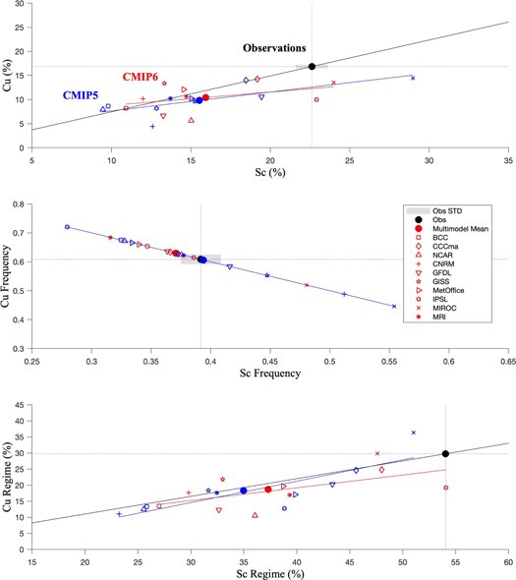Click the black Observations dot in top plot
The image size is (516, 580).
312,67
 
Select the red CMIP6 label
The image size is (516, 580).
142,76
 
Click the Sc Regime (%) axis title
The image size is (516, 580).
269,572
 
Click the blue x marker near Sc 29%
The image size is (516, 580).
413,78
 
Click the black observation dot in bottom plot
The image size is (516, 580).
445,454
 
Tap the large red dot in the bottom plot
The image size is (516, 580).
267,490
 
